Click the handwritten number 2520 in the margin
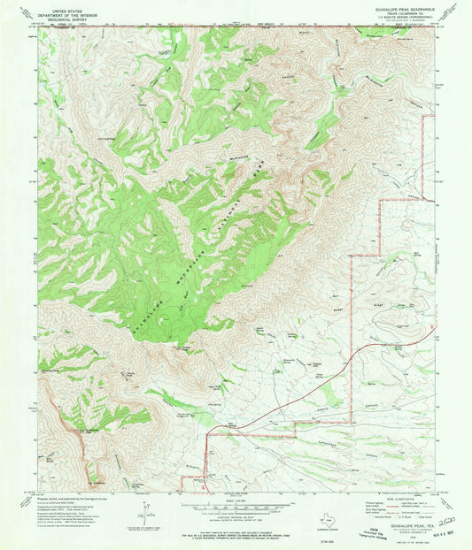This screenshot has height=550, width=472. tap(447, 523)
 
